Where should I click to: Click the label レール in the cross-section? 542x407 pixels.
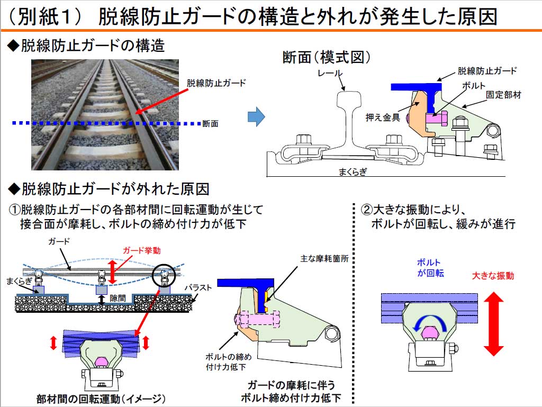point(331,73)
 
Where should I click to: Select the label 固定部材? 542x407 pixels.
point(503,95)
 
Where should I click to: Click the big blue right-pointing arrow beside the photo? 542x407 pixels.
point(256,117)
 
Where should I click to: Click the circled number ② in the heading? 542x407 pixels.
point(367,209)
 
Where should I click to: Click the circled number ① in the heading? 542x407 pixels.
point(16,209)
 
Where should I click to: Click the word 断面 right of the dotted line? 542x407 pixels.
point(211,124)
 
